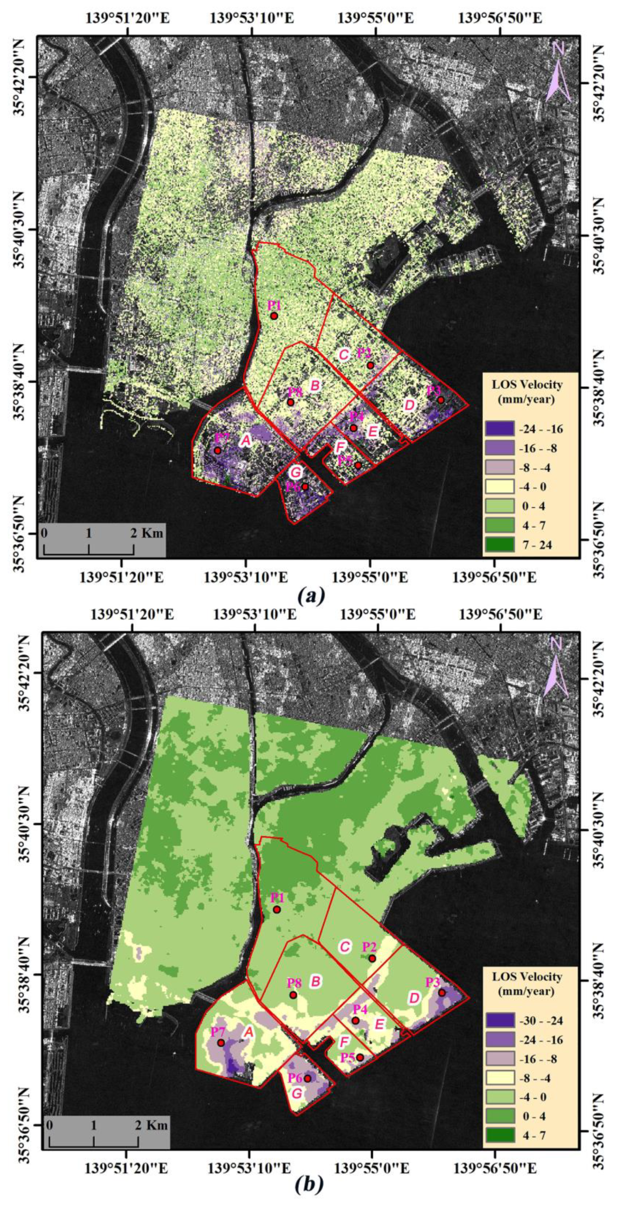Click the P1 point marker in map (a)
(x=274, y=316)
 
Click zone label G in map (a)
(x=296, y=471)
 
